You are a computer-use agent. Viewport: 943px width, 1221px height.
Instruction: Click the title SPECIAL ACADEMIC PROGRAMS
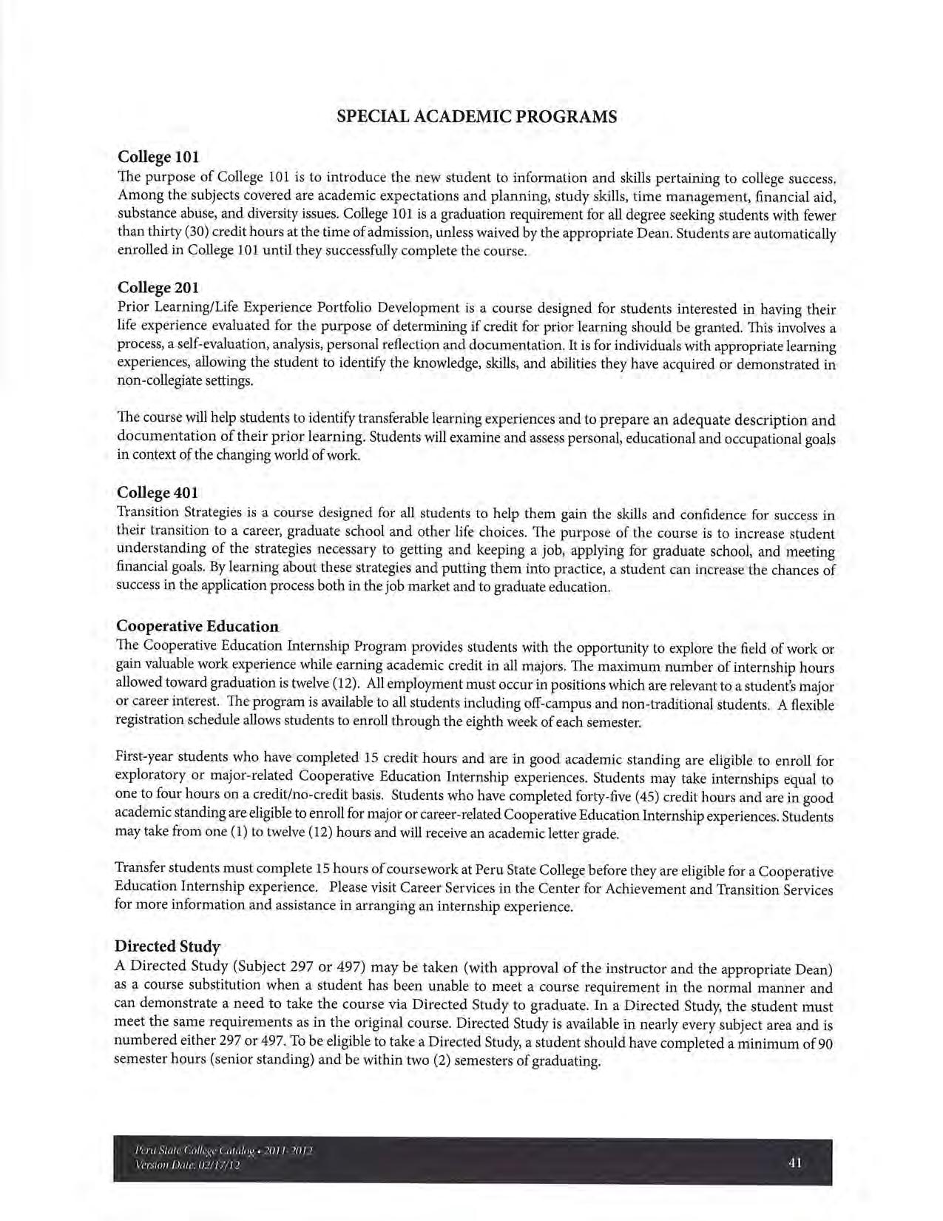click(476, 116)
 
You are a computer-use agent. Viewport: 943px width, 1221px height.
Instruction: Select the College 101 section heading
click(158, 157)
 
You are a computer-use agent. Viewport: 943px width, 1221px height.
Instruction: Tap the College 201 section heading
click(158, 287)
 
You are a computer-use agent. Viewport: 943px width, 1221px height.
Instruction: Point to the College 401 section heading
click(158, 493)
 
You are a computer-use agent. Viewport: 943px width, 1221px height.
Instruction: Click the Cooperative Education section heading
click(197, 626)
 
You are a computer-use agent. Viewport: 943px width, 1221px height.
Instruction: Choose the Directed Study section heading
click(167, 946)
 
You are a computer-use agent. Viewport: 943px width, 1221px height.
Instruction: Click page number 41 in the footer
click(795, 1163)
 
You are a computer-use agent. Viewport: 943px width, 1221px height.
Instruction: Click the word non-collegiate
click(163, 381)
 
